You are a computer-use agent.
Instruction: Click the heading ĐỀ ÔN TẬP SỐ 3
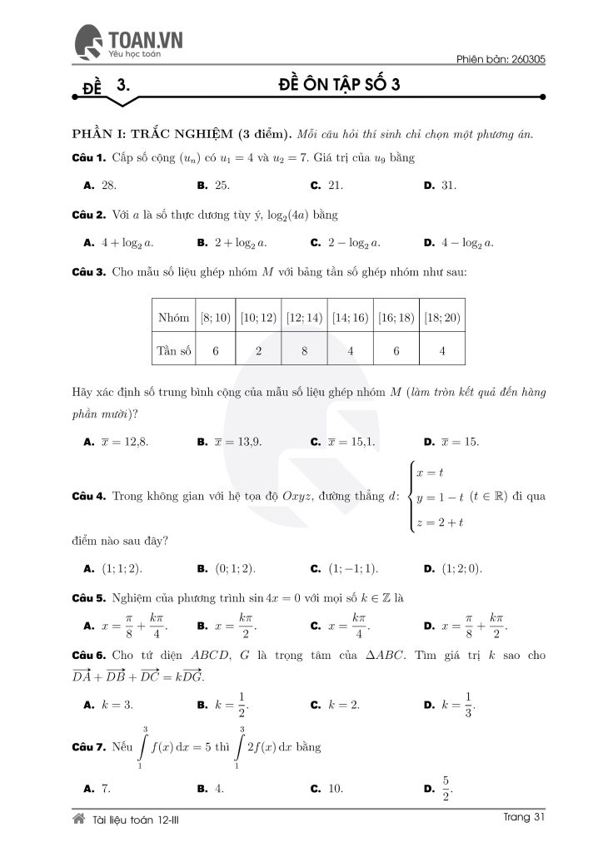pyautogui.click(x=338, y=87)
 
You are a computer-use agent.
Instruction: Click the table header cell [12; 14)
pyautogui.click(x=305, y=318)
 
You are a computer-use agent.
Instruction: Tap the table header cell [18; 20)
pyautogui.click(x=442, y=318)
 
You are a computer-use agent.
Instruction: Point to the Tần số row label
pyautogui.click(x=173, y=350)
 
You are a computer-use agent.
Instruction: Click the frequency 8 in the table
pyautogui.click(x=305, y=350)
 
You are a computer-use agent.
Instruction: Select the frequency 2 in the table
pyautogui.click(x=259, y=350)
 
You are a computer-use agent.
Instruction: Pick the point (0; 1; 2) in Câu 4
pyautogui.click(x=235, y=568)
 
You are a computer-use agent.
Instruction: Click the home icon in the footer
pyautogui.click(x=79, y=820)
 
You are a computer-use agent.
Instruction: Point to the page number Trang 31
pyautogui.click(x=525, y=818)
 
